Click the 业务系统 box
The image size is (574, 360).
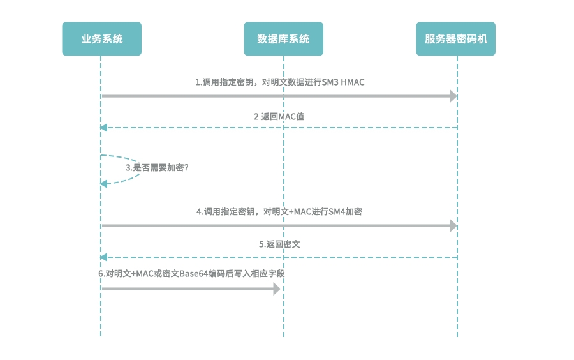point(101,39)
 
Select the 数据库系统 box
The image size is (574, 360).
point(283,39)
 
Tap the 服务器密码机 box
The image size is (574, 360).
point(456,39)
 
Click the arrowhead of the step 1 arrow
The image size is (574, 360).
point(453,96)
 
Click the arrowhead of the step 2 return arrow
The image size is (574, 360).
point(104,128)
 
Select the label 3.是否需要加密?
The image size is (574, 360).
point(157,167)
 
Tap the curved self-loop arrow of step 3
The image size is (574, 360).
point(136,170)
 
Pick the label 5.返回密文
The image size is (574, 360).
point(279,244)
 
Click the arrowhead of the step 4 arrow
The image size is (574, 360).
point(453,226)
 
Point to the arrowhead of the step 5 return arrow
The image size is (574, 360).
point(104,257)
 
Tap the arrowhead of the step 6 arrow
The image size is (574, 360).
point(277,289)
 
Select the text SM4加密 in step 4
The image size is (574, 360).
point(347,211)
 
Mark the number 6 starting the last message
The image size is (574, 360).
point(101,274)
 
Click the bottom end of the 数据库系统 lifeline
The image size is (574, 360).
point(284,335)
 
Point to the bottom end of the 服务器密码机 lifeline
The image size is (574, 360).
point(457,335)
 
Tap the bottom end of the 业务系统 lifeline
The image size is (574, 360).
point(101,335)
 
